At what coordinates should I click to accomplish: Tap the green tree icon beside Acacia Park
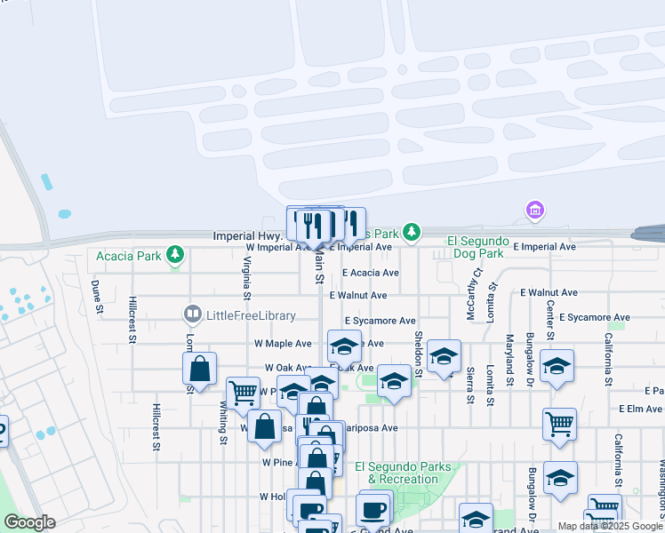point(176,257)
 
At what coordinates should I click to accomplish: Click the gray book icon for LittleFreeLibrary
point(191,314)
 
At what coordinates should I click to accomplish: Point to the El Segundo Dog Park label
point(477,248)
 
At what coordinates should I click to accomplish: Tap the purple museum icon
point(534,210)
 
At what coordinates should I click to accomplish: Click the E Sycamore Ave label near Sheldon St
point(381,321)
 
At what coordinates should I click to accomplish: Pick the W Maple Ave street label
point(283,344)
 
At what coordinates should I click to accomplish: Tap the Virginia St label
point(246,277)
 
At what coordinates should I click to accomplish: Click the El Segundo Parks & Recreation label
point(396,473)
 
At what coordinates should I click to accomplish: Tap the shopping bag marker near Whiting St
point(200,370)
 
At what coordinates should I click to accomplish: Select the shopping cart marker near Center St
point(559,425)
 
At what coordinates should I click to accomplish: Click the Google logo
point(29,522)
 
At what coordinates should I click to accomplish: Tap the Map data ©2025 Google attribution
point(610,526)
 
